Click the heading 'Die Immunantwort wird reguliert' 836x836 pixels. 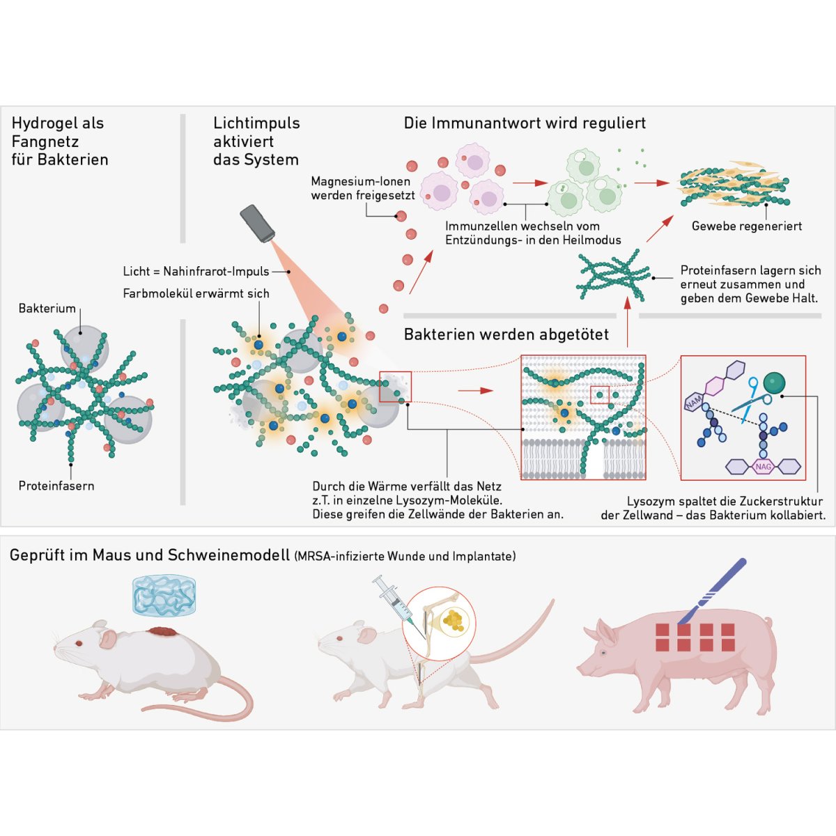(525, 123)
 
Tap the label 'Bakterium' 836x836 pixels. (47, 308)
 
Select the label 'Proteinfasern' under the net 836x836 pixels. (56, 486)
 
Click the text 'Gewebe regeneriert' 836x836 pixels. (746, 226)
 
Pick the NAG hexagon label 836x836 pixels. (764, 466)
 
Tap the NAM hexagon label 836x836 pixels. (694, 402)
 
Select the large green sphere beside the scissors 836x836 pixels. (774, 382)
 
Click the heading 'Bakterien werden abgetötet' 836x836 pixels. (506, 334)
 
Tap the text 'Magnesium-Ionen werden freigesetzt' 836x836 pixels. (362, 188)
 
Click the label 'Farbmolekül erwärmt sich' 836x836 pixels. (196, 293)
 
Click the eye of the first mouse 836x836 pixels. (79, 642)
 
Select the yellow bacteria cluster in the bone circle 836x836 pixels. (454, 619)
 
